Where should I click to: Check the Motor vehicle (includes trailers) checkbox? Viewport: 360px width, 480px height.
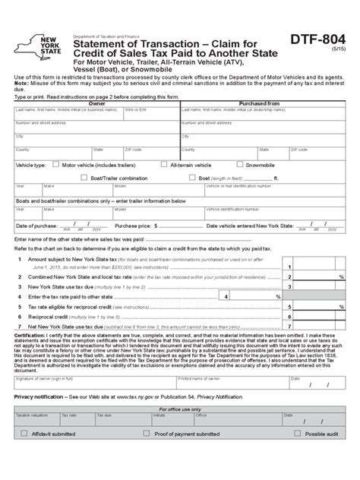click(55, 164)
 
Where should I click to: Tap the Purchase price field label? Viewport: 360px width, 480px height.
click(133, 226)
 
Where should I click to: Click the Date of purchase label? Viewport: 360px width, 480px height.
click(36, 226)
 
